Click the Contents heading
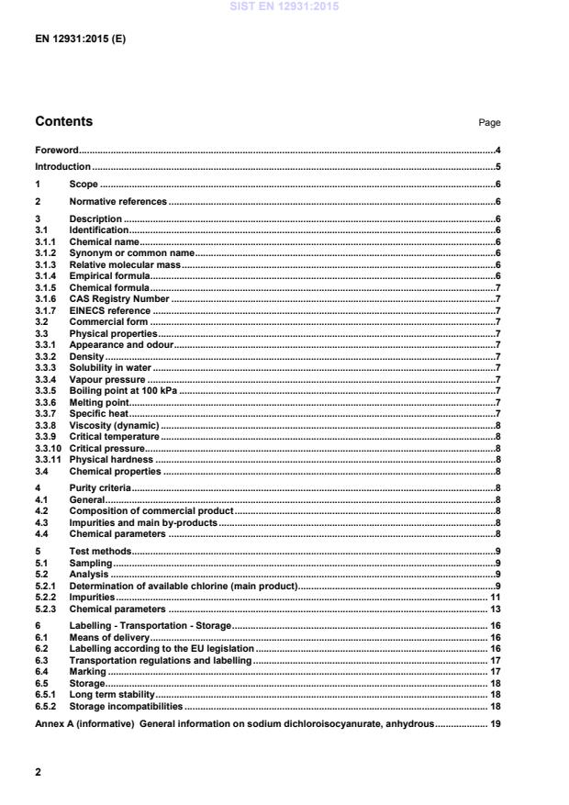63,121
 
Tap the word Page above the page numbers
489,123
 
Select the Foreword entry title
56,150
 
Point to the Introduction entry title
62,167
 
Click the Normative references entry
118,201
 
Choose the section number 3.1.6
47,299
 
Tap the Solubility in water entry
113,367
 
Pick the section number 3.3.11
49,460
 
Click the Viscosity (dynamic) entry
114,426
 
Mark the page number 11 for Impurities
494,598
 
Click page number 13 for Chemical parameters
494,609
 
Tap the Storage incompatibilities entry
126,707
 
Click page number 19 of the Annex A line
494,724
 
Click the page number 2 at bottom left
38,772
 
